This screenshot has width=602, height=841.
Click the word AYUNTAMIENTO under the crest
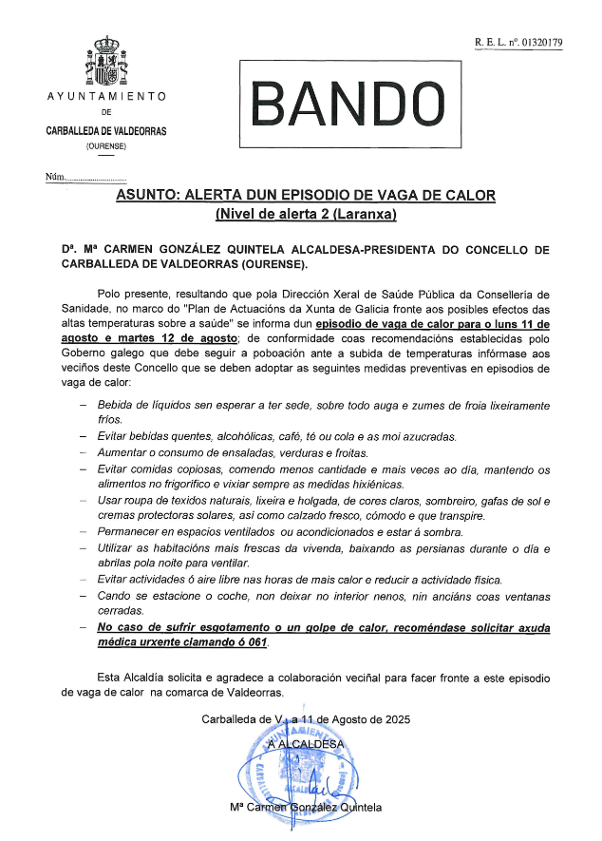pyautogui.click(x=106, y=97)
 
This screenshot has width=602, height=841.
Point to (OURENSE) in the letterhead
pyautogui.click(x=105, y=145)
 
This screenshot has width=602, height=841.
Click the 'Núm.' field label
pyautogui.click(x=56, y=178)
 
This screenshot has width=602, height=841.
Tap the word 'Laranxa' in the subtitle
pyautogui.click(x=366, y=214)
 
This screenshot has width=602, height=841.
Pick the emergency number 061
pyautogui.click(x=256, y=642)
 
